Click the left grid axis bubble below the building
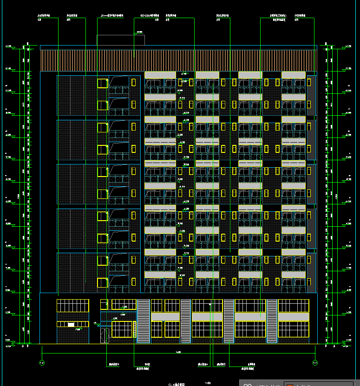tap(42, 363)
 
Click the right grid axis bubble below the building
tap(315, 363)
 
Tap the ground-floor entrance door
tap(105, 334)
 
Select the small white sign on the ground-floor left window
tap(71, 324)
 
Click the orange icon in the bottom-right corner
tap(290, 384)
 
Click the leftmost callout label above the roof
tap(44, 16)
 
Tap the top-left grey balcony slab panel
tap(160, 75)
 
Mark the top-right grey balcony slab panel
tap(294, 75)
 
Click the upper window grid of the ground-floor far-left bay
tap(72, 306)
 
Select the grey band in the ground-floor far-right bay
tap(294, 316)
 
